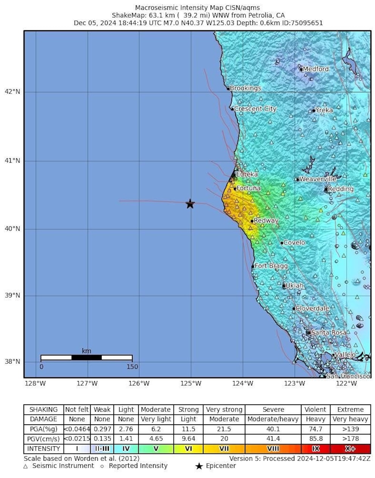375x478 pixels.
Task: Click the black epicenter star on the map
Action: (x=190, y=204)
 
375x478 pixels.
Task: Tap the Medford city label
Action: (x=316, y=69)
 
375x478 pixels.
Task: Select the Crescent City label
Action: (x=255, y=109)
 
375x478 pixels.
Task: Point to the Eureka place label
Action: (x=247, y=174)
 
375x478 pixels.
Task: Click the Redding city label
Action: (x=341, y=189)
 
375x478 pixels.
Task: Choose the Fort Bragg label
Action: (x=271, y=266)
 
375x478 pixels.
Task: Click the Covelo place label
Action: (x=294, y=242)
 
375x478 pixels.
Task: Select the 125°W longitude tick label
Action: (x=191, y=383)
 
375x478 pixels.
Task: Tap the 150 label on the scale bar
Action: (x=132, y=366)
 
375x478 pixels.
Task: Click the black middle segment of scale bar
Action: (x=87, y=357)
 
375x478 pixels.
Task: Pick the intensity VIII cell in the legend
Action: (x=273, y=449)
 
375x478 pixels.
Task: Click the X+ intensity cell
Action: (x=350, y=449)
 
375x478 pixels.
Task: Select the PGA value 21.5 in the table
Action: (x=224, y=429)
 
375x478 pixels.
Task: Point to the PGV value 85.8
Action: (x=316, y=439)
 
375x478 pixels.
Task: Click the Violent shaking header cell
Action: (x=316, y=410)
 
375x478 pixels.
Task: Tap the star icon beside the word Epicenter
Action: (x=199, y=466)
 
